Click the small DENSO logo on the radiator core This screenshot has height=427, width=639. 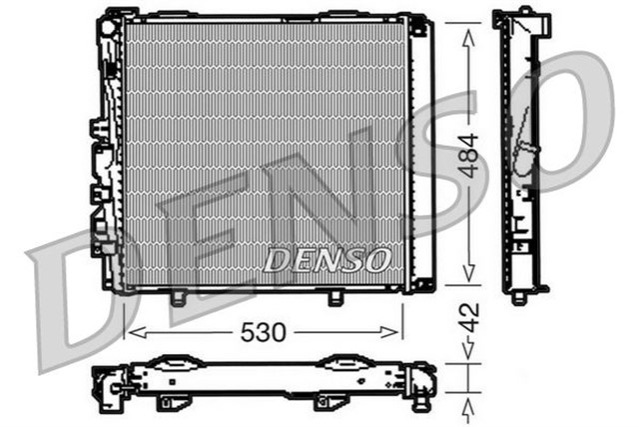tap(326, 260)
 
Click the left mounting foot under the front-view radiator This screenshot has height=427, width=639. tap(177, 297)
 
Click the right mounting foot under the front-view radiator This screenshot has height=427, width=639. tap(336, 297)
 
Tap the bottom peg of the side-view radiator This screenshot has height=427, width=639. tap(518, 296)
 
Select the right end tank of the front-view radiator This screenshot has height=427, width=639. tap(419, 155)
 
